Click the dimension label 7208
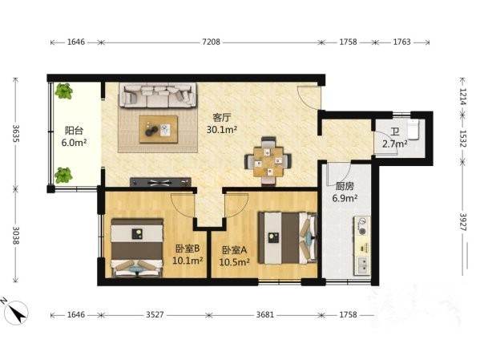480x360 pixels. click(x=211, y=42)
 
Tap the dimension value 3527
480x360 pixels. click(x=155, y=314)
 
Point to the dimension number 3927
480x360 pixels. click(x=462, y=222)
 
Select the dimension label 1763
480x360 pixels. click(x=401, y=42)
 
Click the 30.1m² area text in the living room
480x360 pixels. click(x=222, y=130)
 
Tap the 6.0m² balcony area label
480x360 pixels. click(x=74, y=143)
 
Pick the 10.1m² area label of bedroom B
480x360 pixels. click(x=188, y=261)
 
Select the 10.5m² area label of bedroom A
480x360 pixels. click(x=235, y=262)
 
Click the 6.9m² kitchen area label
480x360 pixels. click(x=345, y=198)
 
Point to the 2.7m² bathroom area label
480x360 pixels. click(x=394, y=144)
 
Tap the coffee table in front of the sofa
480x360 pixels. click(x=159, y=129)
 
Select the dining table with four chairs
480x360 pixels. click(x=268, y=161)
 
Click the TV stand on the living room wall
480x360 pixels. click(x=160, y=182)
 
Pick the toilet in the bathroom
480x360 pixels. click(x=413, y=130)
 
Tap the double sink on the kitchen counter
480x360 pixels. click(x=362, y=265)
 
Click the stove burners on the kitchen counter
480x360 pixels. click(x=362, y=226)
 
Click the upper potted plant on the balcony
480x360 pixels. click(x=63, y=91)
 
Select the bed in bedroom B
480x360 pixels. click(x=136, y=248)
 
